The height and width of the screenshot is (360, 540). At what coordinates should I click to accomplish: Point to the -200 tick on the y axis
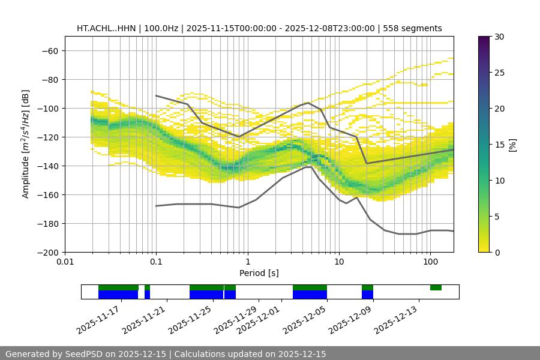click(x=48, y=252)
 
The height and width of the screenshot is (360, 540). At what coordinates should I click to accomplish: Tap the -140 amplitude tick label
click(x=48, y=166)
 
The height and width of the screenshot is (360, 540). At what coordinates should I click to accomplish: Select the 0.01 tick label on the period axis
click(x=65, y=262)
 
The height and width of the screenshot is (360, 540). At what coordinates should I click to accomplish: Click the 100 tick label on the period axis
click(x=430, y=262)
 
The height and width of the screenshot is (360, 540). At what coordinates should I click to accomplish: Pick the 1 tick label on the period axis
click(x=247, y=262)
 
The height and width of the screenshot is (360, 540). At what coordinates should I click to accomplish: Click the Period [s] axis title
click(x=259, y=273)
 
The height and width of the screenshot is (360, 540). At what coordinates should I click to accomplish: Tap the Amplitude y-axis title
click(x=26, y=144)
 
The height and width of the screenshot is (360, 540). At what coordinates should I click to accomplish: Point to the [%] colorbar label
click(x=512, y=145)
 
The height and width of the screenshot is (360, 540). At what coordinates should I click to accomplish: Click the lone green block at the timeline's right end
click(x=436, y=288)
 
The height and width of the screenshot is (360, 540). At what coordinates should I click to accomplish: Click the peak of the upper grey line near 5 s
click(x=308, y=103)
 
